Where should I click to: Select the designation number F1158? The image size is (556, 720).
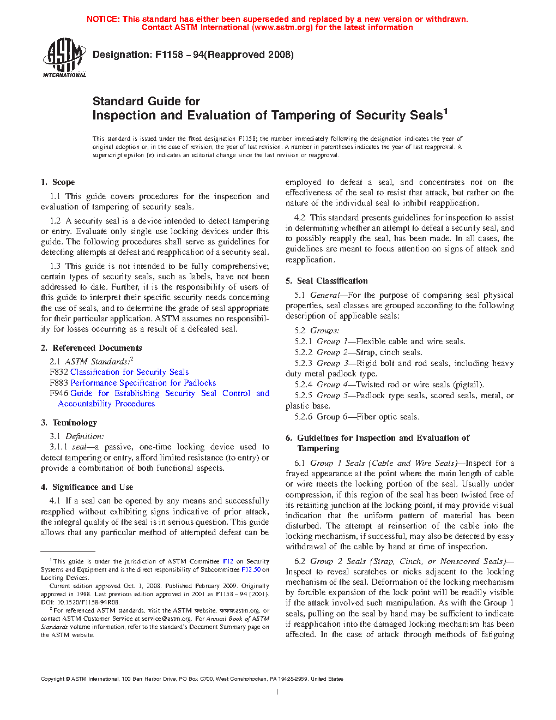pyautogui.click(x=169, y=55)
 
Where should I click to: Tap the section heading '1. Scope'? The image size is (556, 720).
pyautogui.click(x=58, y=182)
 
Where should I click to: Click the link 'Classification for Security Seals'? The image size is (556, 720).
pyautogui.click(x=129, y=372)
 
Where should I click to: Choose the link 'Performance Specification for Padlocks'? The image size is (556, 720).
pyautogui.click(x=143, y=383)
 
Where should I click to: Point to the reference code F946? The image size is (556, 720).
pyautogui.click(x=59, y=393)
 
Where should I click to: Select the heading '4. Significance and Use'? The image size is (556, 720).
pyautogui.click(x=87, y=487)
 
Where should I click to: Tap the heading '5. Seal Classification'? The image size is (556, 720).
pyautogui.click(x=327, y=281)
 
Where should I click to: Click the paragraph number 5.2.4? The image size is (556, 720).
pyautogui.click(x=304, y=385)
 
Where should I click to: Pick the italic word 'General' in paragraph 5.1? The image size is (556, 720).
pyautogui.click(x=324, y=295)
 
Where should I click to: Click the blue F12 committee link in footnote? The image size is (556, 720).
pyautogui.click(x=228, y=561)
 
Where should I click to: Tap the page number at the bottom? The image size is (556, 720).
pyautogui.click(x=277, y=692)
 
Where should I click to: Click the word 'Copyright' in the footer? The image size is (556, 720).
pyautogui.click(x=52, y=679)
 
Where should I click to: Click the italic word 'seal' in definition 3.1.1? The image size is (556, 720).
pyautogui.click(x=80, y=447)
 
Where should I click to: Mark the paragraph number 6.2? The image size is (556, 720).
pyautogui.click(x=300, y=561)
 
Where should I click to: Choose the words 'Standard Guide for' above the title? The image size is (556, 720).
pyautogui.click(x=146, y=101)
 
